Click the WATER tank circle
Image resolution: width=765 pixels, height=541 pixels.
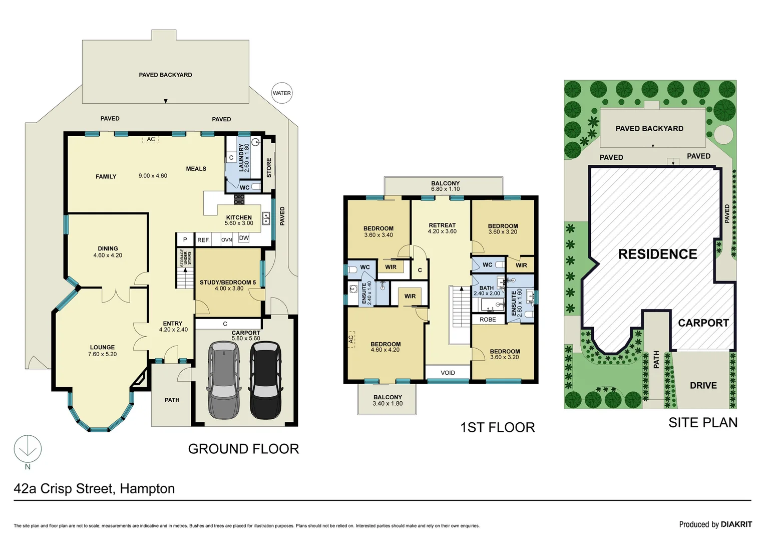281,93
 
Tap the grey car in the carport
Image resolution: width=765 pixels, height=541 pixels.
224,380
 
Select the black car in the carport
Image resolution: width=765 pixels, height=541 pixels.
265,380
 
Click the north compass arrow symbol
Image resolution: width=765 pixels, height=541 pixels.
28,449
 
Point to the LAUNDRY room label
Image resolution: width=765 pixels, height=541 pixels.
244,157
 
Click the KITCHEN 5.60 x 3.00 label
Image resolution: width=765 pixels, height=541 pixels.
239,220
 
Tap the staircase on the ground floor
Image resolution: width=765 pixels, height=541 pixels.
185,278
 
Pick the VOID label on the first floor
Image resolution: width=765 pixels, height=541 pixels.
448,373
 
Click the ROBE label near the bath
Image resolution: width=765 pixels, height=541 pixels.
488,320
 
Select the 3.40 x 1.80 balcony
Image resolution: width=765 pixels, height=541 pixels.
387,400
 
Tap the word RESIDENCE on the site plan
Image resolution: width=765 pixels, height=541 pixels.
657,254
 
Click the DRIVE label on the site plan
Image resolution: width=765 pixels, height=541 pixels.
703,385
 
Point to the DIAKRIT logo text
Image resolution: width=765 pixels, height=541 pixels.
736,524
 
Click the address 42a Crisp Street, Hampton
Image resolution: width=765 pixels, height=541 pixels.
94,488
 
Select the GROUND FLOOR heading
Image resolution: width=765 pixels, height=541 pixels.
243,449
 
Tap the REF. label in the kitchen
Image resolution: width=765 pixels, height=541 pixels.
203,240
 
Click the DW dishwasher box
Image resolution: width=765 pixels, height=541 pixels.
244,238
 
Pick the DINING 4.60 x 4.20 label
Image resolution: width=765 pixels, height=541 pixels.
108,252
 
